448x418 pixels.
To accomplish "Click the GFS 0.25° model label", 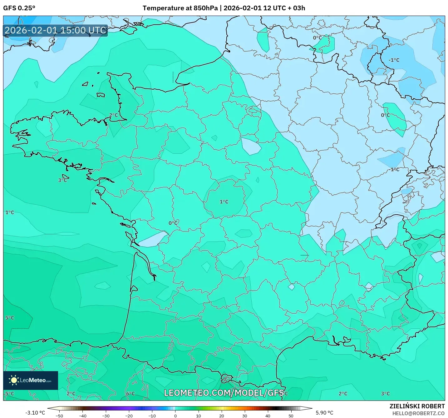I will click(x=19, y=8).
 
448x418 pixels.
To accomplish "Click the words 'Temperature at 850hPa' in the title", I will click(x=180, y=8).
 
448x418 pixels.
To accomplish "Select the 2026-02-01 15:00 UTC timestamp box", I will click(x=56, y=31).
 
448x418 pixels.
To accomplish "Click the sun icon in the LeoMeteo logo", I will click(x=13, y=380).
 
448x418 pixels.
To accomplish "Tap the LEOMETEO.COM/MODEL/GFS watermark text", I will click(x=224, y=393).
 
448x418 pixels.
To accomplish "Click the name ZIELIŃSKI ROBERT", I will click(x=417, y=406).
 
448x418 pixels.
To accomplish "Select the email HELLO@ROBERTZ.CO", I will click(x=418, y=413).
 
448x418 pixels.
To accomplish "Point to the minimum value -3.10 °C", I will click(x=35, y=413).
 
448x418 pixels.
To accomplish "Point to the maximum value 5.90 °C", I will click(x=324, y=413).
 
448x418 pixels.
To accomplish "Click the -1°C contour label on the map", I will click(x=394, y=60).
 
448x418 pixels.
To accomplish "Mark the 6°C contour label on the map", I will click(x=130, y=394).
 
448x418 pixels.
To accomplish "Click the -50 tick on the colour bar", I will click(x=59, y=416).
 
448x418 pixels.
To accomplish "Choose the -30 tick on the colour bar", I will click(x=106, y=416).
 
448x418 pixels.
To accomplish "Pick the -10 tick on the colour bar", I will click(x=152, y=416).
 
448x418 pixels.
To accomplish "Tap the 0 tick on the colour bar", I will click(x=175, y=416).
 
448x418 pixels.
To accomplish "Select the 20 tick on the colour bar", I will click(x=221, y=416).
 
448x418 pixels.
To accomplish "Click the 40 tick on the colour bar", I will click(x=268, y=416).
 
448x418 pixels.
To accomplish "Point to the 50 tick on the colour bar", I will click(x=291, y=416).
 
